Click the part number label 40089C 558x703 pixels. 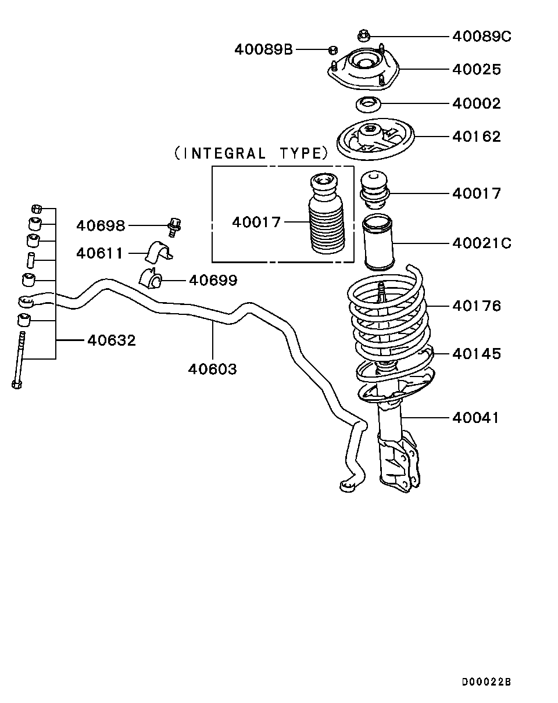tap(481, 37)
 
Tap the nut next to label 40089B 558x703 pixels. tap(333, 50)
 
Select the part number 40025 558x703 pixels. tap(476, 69)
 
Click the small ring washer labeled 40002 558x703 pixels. tap(368, 105)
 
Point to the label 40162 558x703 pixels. tap(476, 136)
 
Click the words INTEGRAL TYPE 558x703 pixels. tap(251, 153)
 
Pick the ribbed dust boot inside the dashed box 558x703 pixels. tap(326, 213)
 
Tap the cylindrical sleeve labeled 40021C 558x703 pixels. tap(378, 242)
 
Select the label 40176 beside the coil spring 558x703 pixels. tap(476, 306)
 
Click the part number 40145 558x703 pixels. tap(476, 353)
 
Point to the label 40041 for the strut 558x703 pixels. tap(475, 418)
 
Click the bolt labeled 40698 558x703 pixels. tap(174, 227)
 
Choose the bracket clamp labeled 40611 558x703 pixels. tap(159, 252)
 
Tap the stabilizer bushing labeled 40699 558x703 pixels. tap(151, 278)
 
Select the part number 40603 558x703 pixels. tap(212, 369)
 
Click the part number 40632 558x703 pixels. tap(112, 340)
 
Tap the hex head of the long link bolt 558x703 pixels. tap(17, 384)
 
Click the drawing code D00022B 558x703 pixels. tap(487, 682)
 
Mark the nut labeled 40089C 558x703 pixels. tap(363, 35)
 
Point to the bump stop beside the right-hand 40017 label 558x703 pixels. tap(374, 189)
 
